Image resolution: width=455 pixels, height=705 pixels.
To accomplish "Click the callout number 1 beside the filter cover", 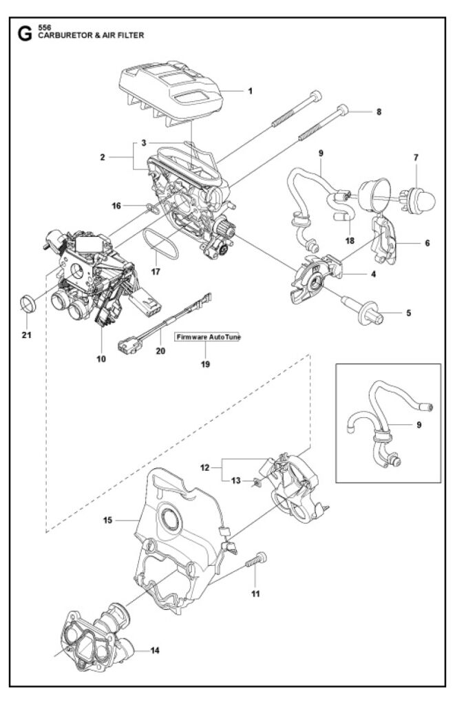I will pyautogui.click(x=251, y=91).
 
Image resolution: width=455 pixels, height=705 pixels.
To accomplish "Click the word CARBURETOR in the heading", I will pyautogui.click(x=67, y=36).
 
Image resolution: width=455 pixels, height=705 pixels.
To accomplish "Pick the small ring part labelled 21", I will pyautogui.click(x=28, y=302).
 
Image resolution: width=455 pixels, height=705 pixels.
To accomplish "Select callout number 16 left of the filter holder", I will pyautogui.click(x=117, y=205).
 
